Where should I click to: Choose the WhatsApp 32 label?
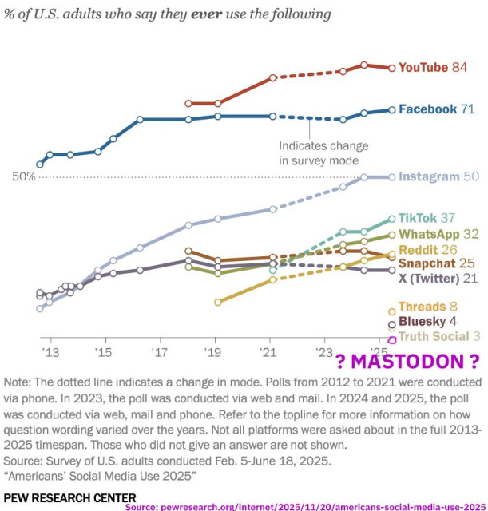(x=438, y=234)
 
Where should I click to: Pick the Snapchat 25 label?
(x=437, y=263)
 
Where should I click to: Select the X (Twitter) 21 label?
(x=438, y=278)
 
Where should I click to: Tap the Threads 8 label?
(x=427, y=307)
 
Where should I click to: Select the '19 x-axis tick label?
(x=214, y=352)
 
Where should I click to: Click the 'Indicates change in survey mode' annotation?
(x=323, y=153)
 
